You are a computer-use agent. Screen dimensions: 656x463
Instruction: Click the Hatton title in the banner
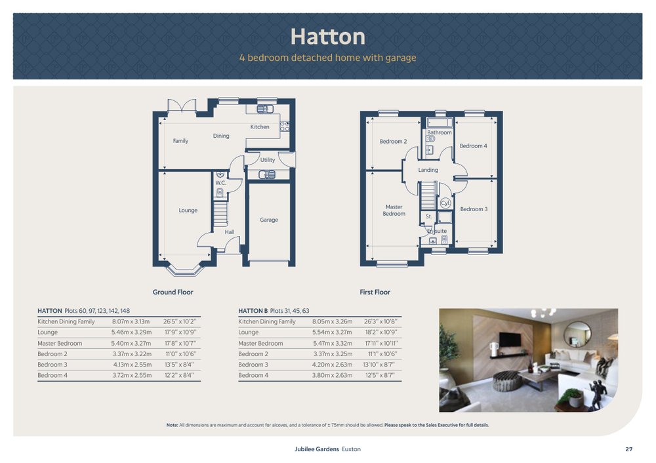[x=327, y=37]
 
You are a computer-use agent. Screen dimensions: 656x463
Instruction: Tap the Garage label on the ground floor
[x=268, y=220]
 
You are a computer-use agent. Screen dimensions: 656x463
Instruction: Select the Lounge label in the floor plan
[x=188, y=211]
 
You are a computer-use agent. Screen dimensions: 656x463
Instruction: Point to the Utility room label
[x=268, y=160]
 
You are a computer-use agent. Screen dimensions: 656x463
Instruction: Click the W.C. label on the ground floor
[x=220, y=183]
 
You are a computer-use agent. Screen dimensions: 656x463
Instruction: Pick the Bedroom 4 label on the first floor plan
[x=473, y=146]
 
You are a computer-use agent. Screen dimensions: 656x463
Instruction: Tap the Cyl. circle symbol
[x=445, y=203]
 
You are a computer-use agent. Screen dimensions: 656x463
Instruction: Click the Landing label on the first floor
[x=428, y=170]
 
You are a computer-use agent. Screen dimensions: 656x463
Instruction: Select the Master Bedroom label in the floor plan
[x=394, y=210]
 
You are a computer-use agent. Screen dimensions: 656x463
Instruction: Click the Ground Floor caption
[x=173, y=292]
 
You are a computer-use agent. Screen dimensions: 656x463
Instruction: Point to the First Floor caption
[x=375, y=292]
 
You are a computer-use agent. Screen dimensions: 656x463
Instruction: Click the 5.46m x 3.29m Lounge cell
[x=131, y=332]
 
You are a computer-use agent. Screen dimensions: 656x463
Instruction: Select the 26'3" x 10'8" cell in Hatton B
[x=380, y=321]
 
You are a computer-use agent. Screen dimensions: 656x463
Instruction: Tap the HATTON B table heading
[x=253, y=311]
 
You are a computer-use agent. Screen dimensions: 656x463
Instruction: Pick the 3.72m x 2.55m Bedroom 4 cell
[x=132, y=375]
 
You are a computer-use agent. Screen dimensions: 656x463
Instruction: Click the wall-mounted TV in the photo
[x=510, y=339]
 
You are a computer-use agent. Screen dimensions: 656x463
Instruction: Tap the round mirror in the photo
[x=577, y=334]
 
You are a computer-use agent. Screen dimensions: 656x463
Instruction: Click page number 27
[x=629, y=449]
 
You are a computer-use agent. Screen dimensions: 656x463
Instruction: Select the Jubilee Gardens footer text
[x=317, y=449]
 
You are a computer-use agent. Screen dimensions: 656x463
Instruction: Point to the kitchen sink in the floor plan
[x=265, y=109]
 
